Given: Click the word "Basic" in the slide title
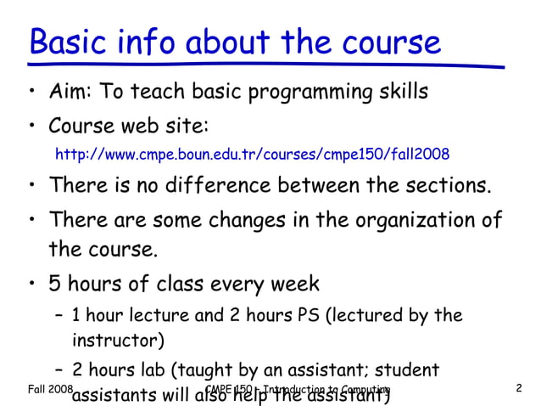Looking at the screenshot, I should point(70,42).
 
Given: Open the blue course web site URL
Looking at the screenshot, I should point(252,155).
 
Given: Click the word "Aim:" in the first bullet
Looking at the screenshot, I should point(70,91).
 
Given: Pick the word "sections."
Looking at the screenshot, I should point(449,184).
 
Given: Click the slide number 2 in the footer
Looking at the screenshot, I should point(518,389).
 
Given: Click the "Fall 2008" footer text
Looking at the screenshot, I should point(49,389).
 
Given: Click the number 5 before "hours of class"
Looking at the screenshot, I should point(55,283).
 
